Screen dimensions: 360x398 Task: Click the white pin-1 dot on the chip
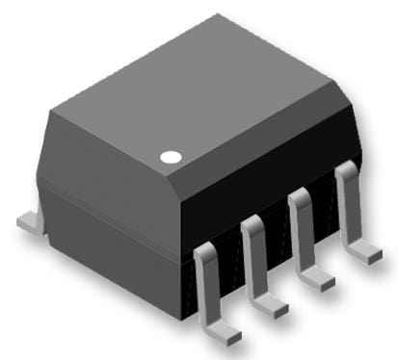171,156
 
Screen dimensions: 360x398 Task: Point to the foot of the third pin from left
319,281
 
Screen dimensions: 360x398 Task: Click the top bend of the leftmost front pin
205,251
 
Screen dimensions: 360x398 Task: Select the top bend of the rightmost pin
345,170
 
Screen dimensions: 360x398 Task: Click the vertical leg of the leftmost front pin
206,289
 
